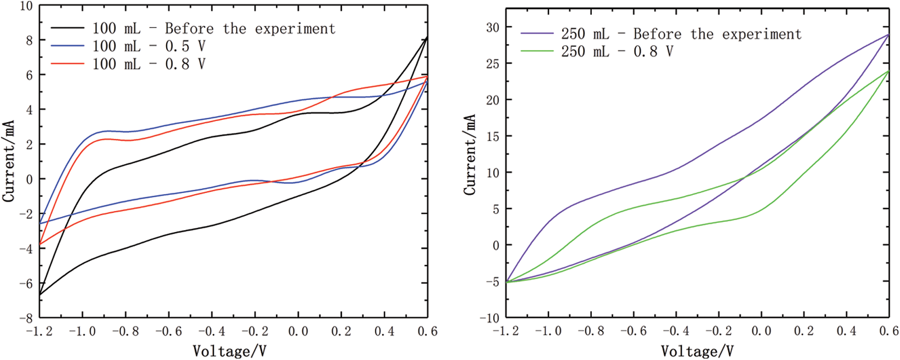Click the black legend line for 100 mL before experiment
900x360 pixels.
67,28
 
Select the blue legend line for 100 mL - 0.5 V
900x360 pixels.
67,46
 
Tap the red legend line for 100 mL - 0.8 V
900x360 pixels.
67,64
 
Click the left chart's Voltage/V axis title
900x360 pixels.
230,351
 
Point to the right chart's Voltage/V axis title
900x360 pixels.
697,351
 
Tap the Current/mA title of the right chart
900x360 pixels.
470,155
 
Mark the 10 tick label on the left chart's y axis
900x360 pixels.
26,7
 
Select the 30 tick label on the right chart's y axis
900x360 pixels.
492,28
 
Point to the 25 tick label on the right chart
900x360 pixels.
492,64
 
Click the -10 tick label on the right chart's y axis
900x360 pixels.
489,318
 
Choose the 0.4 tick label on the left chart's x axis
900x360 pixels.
384,332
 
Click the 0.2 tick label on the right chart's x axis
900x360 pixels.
804,331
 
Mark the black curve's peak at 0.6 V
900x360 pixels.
427,37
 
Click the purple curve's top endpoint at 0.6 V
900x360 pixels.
888,35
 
